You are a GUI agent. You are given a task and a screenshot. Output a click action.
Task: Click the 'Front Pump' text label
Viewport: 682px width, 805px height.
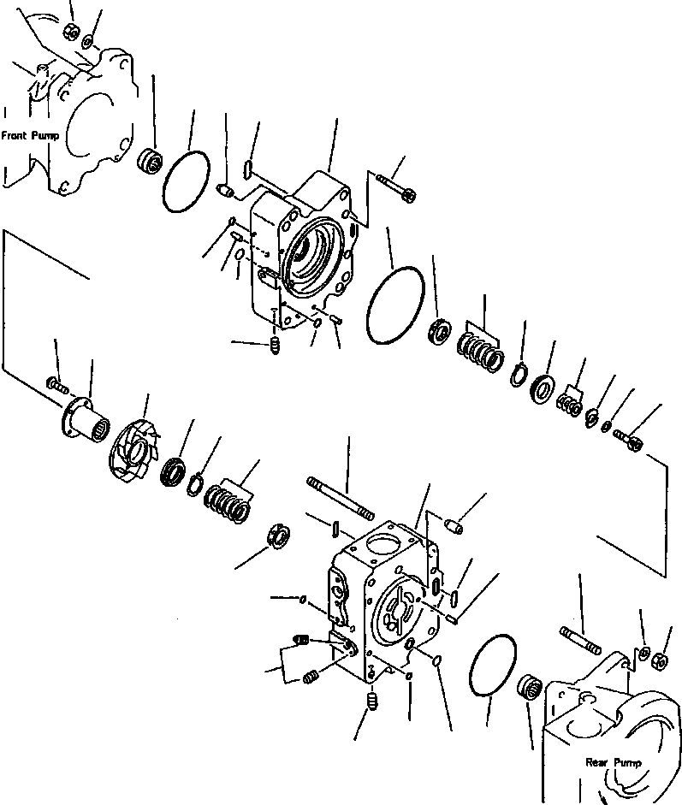[x=29, y=135]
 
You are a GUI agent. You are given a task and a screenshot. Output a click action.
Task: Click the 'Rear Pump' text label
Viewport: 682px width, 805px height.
[x=608, y=761]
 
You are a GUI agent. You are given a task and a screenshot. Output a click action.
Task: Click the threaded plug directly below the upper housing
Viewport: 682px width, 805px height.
[x=276, y=346]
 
